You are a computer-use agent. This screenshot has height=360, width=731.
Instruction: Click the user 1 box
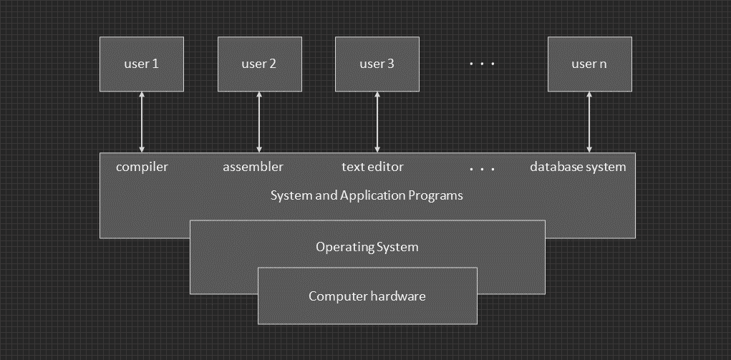[x=142, y=64]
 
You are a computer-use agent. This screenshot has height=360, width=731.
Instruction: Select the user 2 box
[x=259, y=64]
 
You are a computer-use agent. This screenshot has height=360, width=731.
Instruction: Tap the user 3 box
[x=377, y=64]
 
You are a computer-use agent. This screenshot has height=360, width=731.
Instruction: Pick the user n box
[x=589, y=64]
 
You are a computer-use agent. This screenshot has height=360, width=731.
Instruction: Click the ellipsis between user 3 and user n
[x=483, y=64]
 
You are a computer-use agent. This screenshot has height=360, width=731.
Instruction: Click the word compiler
[x=142, y=167]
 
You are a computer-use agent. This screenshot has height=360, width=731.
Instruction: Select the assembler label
[x=253, y=167]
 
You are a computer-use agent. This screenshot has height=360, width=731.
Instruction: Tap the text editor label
[x=372, y=167]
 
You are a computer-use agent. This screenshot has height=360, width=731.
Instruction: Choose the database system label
[x=578, y=167]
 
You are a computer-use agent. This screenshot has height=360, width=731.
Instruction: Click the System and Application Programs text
[x=367, y=195]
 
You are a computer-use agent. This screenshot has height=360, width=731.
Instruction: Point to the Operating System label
[x=367, y=247]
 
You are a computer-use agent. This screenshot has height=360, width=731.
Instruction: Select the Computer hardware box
[x=367, y=296]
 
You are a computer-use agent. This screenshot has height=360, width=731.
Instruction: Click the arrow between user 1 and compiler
[x=142, y=122]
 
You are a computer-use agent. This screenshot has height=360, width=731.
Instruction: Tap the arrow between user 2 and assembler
[x=259, y=122]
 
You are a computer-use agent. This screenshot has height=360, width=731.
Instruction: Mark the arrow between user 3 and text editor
[x=377, y=122]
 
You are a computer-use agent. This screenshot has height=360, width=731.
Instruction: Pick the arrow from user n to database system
[x=589, y=122]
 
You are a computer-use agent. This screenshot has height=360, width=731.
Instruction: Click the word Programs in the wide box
[x=437, y=195]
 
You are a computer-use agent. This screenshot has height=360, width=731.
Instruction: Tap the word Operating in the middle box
[x=342, y=247]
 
